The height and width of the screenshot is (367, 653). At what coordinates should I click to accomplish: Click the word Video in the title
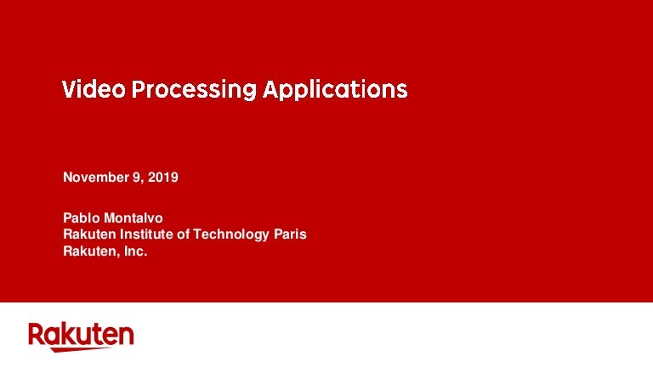[x=94, y=88]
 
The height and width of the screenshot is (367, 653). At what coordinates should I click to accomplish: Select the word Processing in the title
[x=194, y=91]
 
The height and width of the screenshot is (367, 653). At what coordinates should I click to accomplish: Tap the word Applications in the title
[x=335, y=89]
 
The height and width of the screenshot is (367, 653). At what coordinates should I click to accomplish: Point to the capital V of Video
[x=70, y=89]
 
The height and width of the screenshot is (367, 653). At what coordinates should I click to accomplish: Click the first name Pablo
[x=82, y=218]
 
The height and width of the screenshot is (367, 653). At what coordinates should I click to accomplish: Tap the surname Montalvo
[x=133, y=218]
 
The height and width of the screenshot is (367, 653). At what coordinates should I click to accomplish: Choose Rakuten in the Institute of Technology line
[x=89, y=234]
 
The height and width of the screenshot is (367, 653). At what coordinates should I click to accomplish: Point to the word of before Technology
[x=183, y=234]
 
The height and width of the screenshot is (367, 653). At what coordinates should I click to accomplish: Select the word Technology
[x=230, y=235]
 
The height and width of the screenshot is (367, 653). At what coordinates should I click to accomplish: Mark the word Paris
[x=290, y=234]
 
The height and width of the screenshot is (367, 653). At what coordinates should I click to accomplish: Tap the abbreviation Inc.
[x=136, y=251]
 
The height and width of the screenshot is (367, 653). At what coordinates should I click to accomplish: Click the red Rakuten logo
[x=81, y=336]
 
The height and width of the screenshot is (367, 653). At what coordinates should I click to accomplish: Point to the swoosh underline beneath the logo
[x=82, y=349]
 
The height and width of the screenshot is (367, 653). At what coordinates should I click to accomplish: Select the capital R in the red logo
[x=36, y=334]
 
